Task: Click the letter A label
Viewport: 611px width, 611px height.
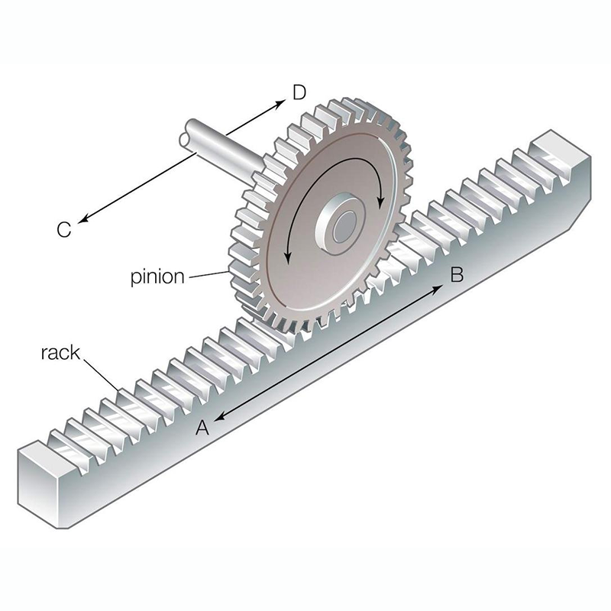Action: (x=202, y=428)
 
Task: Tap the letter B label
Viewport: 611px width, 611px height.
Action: (x=457, y=274)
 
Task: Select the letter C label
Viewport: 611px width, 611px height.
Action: (x=64, y=230)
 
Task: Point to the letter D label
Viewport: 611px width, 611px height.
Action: (x=299, y=92)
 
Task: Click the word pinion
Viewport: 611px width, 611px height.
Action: (x=157, y=276)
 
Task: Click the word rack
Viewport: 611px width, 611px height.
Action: (x=60, y=353)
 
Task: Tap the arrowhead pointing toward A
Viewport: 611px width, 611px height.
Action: (x=219, y=416)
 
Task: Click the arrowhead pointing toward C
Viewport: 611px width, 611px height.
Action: (x=83, y=219)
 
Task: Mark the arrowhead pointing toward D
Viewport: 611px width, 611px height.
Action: (x=280, y=104)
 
